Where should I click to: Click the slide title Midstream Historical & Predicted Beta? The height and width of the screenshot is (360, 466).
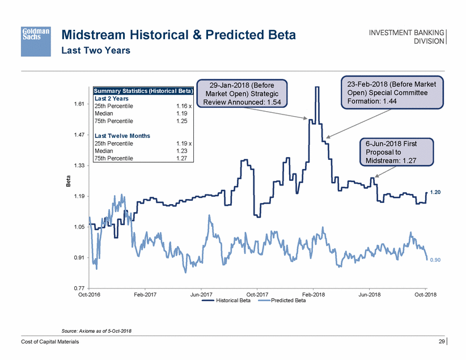coord(178,36)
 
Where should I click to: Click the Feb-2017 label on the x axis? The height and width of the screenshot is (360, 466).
coord(145,295)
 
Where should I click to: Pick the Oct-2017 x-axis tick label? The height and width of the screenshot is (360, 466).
coord(257,295)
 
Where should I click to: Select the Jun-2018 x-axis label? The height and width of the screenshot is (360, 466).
coord(370,295)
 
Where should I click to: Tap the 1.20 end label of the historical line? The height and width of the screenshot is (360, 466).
coord(435,193)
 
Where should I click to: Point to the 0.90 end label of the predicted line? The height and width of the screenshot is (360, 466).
coord(435,260)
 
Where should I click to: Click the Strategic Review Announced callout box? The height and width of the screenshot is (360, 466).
coord(240,92)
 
